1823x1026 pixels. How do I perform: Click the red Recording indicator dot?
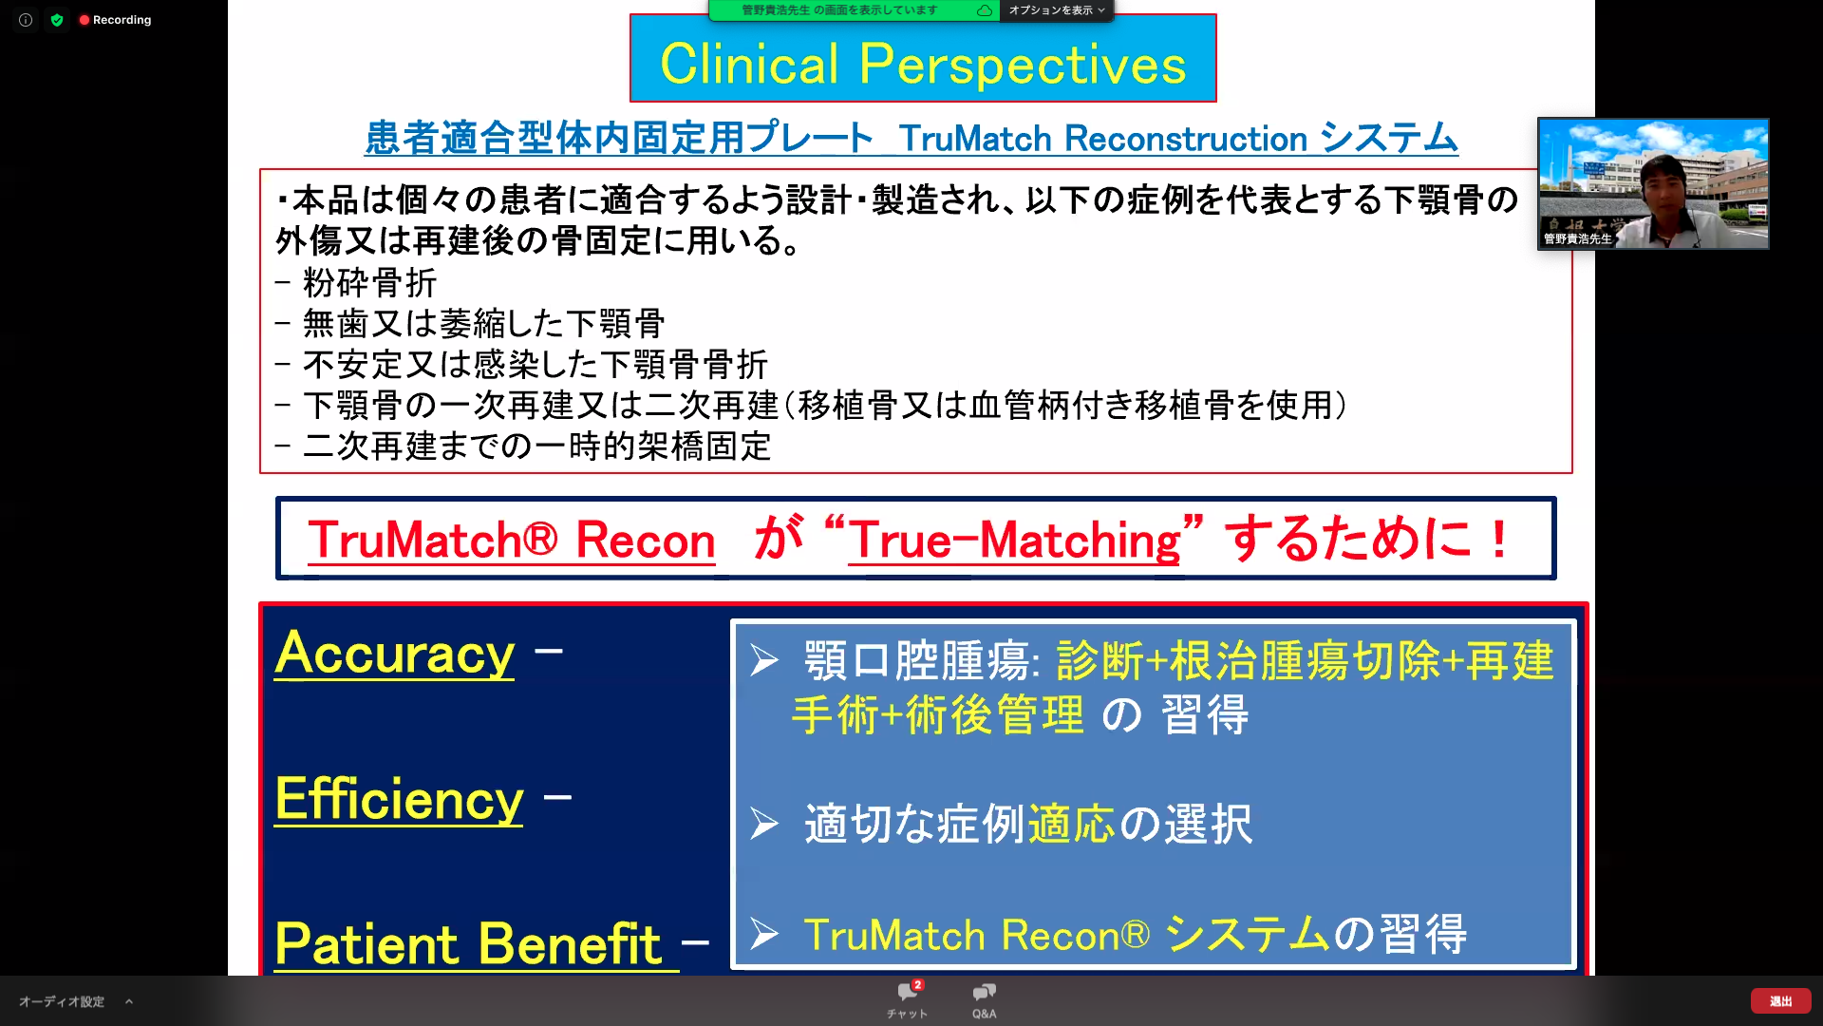tap(85, 20)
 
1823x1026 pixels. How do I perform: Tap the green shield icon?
tap(57, 20)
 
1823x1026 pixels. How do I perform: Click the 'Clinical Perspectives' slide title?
tap(923, 64)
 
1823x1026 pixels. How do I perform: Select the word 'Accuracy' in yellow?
tap(395, 654)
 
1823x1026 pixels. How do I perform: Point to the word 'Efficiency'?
tap(399, 799)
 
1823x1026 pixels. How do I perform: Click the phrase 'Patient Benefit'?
tap(468, 943)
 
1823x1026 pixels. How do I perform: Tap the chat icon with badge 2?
tap(908, 993)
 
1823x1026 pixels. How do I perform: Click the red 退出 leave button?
tap(1780, 1001)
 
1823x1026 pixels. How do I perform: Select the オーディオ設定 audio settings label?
tap(62, 1001)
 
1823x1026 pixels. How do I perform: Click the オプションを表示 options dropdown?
tap(1057, 10)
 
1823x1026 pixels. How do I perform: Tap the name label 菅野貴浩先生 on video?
tap(1577, 238)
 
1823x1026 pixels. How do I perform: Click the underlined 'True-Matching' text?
tap(1014, 541)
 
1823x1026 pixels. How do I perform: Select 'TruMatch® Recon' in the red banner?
tap(511, 541)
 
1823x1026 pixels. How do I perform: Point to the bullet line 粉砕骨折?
tap(356, 283)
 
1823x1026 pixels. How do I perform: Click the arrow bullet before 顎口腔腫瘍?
tap(764, 660)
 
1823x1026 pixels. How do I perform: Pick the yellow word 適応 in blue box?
tap(1071, 824)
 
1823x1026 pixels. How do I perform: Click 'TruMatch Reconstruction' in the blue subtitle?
tap(1103, 139)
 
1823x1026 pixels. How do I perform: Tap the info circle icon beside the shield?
tap(26, 20)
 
